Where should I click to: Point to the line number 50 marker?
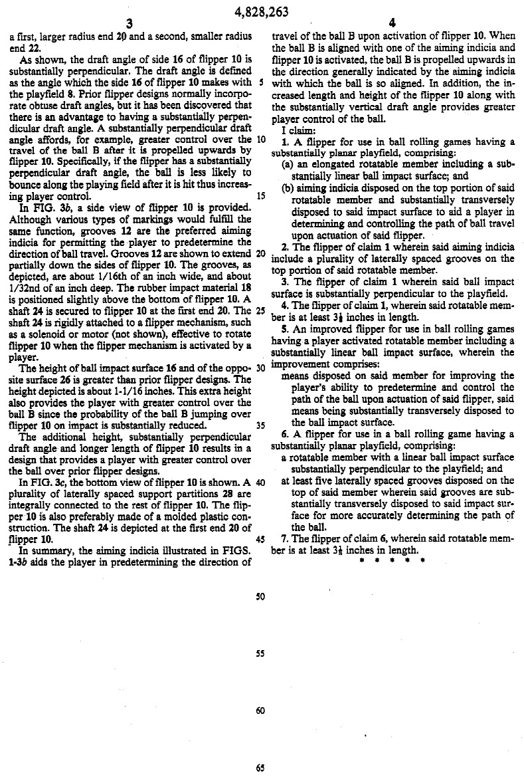(x=260, y=596)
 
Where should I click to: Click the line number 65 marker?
(x=260, y=768)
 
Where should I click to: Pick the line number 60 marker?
(x=260, y=711)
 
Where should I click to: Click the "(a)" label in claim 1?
(x=289, y=164)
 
